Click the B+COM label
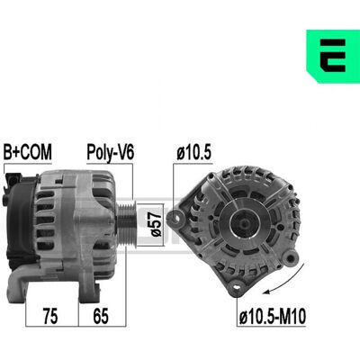[x=27, y=152]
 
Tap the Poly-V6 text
[x=110, y=153]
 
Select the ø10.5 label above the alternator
[x=193, y=152]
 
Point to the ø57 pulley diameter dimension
[x=157, y=225]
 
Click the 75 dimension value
[x=50, y=316]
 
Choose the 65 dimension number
[x=101, y=316]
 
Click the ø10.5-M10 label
[x=273, y=317]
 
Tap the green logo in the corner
[x=333, y=56]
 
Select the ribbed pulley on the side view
[x=127, y=223]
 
